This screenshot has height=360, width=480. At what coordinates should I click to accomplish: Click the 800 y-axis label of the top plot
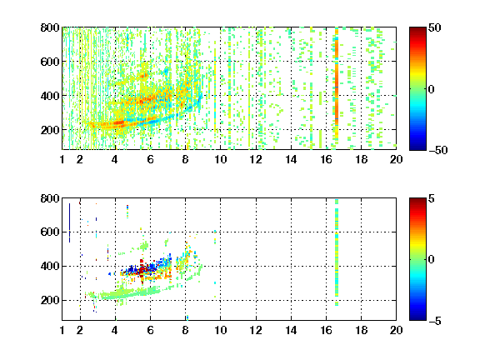[50, 27]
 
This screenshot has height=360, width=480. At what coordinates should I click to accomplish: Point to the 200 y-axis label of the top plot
[50, 130]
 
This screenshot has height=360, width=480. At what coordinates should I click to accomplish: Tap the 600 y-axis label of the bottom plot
[50, 232]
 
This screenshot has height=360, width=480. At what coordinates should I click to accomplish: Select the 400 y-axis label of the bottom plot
[50, 266]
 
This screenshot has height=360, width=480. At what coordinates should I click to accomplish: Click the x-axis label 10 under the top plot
[220, 159]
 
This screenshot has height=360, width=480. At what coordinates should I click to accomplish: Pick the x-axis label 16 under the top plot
[326, 159]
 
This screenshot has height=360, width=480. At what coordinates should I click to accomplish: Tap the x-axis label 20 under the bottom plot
[396, 330]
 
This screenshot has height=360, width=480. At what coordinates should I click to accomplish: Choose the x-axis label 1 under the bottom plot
[62, 330]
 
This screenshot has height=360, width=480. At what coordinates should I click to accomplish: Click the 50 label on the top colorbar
[435, 27]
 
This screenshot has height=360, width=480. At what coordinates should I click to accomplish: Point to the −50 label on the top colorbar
[438, 150]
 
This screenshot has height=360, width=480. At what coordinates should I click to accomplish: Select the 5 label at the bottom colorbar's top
[432, 198]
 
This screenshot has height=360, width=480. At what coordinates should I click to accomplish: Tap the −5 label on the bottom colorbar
[435, 321]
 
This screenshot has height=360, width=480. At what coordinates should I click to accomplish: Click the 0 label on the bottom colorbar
[432, 260]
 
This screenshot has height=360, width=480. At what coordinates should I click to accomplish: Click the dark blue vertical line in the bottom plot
[69, 222]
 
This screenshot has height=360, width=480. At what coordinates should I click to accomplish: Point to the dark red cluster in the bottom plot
[142, 269]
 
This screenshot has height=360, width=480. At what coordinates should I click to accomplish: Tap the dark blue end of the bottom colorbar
[417, 317]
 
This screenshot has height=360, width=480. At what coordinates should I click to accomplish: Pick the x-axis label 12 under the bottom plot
[256, 330]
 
